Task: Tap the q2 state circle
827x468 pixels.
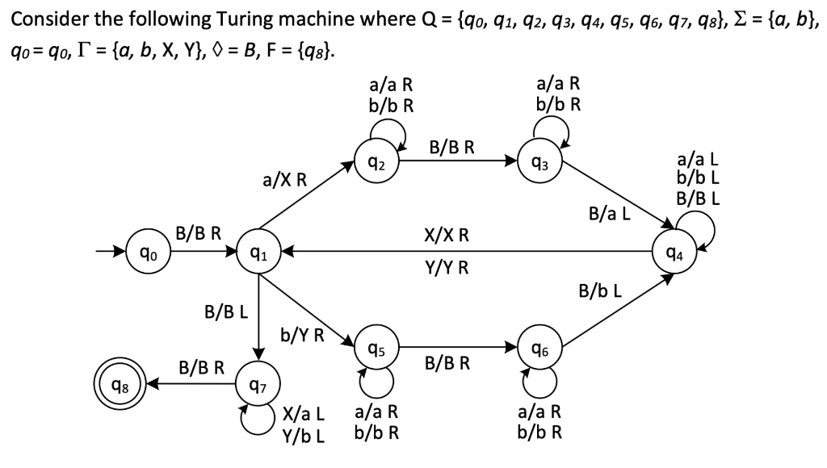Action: tap(374, 161)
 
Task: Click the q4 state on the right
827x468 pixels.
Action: tap(681, 252)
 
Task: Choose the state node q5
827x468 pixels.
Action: tap(374, 349)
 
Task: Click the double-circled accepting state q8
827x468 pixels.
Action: tap(116, 384)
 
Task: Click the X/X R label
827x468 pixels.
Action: tap(447, 236)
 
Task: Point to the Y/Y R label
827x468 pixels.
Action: tap(447, 267)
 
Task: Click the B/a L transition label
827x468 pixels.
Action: tap(610, 215)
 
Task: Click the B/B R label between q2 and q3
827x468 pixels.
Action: tap(451, 147)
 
